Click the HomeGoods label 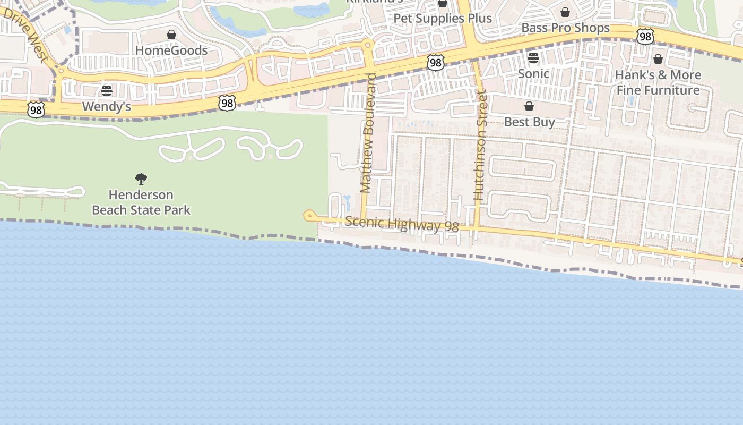[x=171, y=50]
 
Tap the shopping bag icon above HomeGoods [x=171, y=35]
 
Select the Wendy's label [x=107, y=107]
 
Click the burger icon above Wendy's [x=107, y=91]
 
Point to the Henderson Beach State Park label [x=141, y=202]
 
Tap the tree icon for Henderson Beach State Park [x=141, y=179]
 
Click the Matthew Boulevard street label [x=368, y=133]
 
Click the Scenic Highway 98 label [x=402, y=224]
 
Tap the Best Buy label [x=529, y=122]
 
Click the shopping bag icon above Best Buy [x=529, y=107]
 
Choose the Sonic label [x=533, y=73]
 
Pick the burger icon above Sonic [x=533, y=58]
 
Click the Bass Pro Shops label [x=566, y=28]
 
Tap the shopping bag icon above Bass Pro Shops [x=565, y=12]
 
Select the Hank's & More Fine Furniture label [x=658, y=82]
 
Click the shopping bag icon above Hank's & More [x=658, y=59]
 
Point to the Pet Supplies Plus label [x=443, y=19]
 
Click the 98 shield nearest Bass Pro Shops [x=645, y=37]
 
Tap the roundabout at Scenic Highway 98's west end [x=309, y=215]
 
